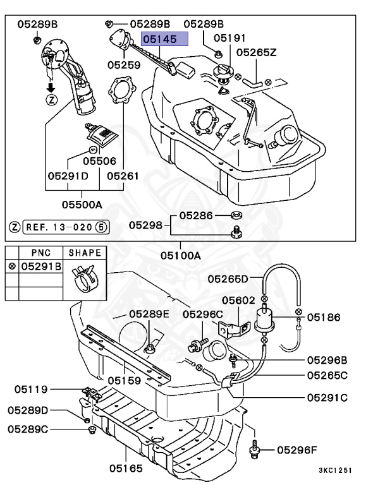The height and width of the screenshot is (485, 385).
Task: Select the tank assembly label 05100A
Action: (x=180, y=256)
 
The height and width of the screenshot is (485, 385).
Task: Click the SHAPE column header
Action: (x=85, y=253)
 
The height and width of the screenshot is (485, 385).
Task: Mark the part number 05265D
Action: (x=228, y=278)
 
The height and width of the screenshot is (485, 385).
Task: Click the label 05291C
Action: (x=327, y=398)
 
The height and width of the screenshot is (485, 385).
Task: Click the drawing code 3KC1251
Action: (x=334, y=470)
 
